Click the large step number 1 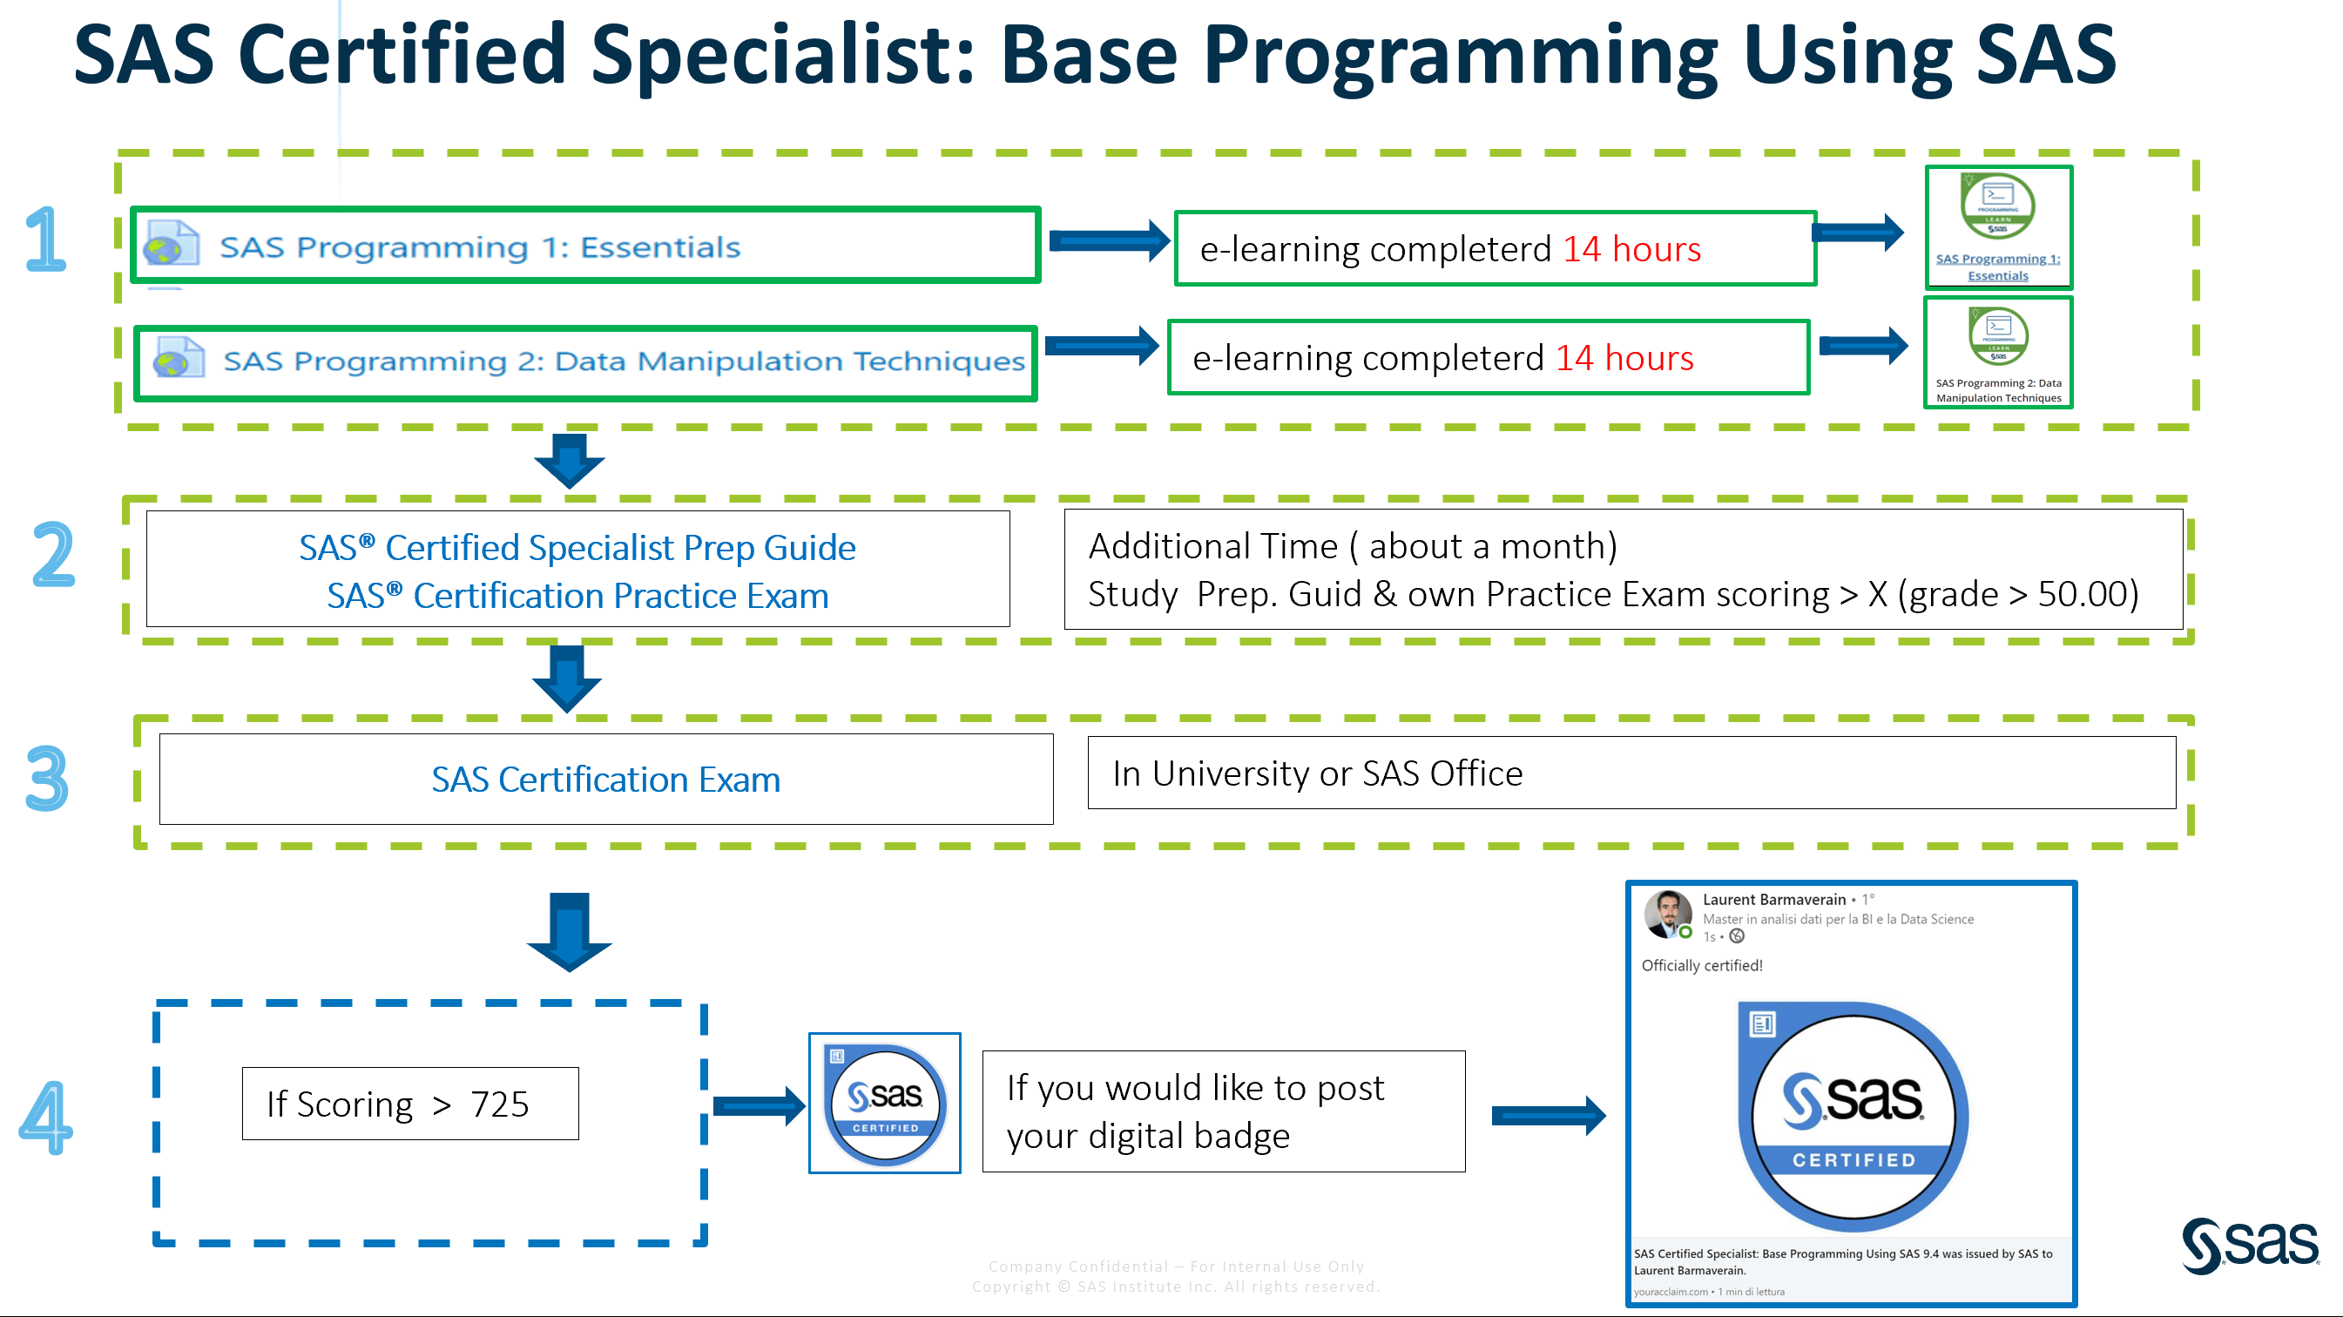tap(45, 240)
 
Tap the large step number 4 tap(45, 1118)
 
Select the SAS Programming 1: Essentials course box tap(584, 246)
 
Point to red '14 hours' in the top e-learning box tap(1631, 249)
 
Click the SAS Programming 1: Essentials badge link tap(1997, 267)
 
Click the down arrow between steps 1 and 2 tap(570, 459)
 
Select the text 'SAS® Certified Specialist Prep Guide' tap(577, 548)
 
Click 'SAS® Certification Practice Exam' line tap(577, 596)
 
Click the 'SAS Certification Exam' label tap(604, 780)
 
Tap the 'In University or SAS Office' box tap(1630, 773)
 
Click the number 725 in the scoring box tap(499, 1104)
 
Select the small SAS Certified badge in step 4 tap(884, 1104)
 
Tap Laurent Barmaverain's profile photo tap(1667, 913)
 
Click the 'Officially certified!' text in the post tap(1701, 965)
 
